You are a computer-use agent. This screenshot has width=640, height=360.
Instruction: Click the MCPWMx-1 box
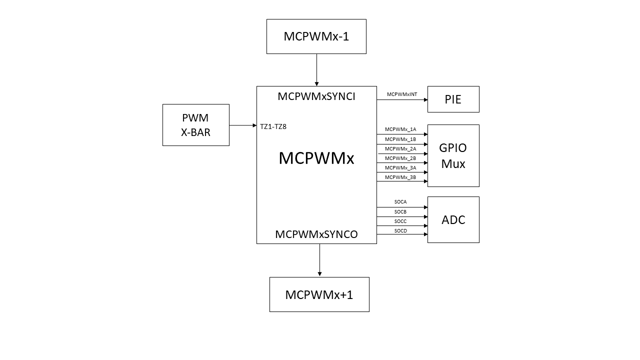click(x=316, y=36)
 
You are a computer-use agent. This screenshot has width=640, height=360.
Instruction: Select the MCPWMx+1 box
click(x=319, y=294)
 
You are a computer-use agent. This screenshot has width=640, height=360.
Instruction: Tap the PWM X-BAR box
click(x=195, y=125)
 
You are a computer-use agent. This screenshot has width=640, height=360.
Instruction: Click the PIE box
click(x=453, y=99)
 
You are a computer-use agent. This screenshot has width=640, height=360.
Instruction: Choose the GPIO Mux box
click(x=453, y=155)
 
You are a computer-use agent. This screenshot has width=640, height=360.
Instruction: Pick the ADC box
click(x=453, y=219)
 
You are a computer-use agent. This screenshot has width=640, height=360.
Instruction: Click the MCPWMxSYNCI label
click(x=316, y=96)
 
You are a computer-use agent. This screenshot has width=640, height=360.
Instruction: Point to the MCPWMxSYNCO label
click(x=316, y=234)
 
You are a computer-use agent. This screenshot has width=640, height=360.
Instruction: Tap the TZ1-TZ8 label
click(x=273, y=126)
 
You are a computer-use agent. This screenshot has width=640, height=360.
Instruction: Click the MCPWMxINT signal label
click(x=401, y=94)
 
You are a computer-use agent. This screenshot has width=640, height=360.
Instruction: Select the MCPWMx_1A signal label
click(x=400, y=129)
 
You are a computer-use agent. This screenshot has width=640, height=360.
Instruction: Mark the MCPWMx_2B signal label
click(x=400, y=158)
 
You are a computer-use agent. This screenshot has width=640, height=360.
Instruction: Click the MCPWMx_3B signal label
click(x=400, y=177)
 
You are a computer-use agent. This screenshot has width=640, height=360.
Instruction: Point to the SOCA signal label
click(x=400, y=201)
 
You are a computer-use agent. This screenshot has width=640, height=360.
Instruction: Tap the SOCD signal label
click(x=400, y=230)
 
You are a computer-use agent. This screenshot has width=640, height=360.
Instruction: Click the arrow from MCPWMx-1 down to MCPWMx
click(x=316, y=69)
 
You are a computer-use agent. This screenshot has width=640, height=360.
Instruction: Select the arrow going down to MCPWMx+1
click(x=319, y=260)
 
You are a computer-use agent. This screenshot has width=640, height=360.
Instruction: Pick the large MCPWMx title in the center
click(x=316, y=158)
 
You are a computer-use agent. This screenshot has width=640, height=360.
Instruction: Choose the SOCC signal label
click(x=400, y=221)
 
